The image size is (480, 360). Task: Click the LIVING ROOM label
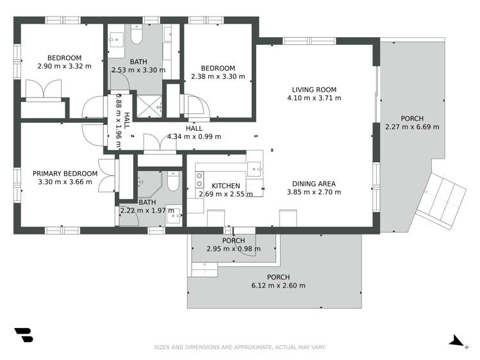tap(314, 90)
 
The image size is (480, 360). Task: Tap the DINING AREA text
tap(314, 184)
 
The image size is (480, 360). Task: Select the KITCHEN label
tap(226, 186)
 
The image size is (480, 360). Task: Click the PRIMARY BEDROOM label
tap(65, 174)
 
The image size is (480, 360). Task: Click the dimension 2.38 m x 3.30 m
tap(218, 77)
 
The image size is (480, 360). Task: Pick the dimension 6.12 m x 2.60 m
tap(277, 286)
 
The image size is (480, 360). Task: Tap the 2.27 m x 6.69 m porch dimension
tap(412, 127)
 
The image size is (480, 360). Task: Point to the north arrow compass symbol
tap(458, 341)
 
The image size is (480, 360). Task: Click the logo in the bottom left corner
tap(23, 336)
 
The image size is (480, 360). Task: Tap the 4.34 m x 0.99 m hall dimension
tap(194, 136)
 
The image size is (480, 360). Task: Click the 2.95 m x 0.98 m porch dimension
tap(233, 249)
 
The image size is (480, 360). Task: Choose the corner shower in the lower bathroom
tap(143, 185)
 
